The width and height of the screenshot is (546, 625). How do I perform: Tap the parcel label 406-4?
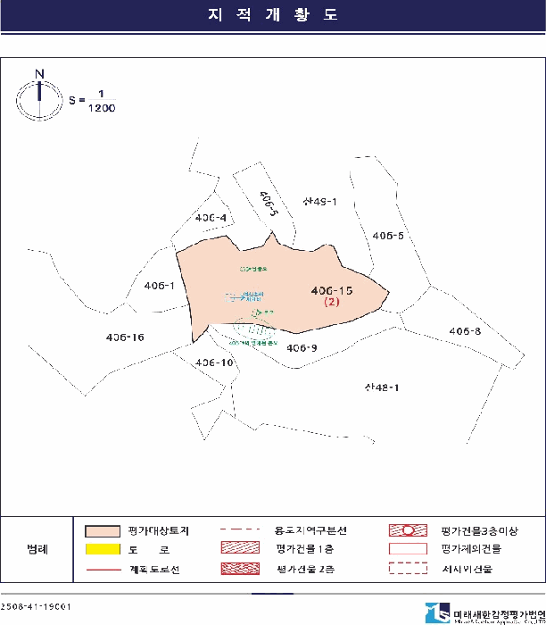[x=210, y=218]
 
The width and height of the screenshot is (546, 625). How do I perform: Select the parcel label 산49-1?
[x=319, y=202]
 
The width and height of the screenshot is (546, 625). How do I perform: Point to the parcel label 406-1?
[x=159, y=286]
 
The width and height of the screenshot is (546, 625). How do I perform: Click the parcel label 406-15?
[x=332, y=290]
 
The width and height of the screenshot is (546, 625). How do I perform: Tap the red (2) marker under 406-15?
[x=332, y=303]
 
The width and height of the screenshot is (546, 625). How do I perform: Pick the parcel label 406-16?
[x=125, y=337]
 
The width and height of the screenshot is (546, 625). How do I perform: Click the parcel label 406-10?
[x=214, y=362]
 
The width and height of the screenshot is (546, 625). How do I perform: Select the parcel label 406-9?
[x=302, y=347]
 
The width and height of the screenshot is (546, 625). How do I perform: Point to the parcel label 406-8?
[x=465, y=331]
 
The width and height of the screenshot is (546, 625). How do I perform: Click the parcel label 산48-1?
[x=381, y=387]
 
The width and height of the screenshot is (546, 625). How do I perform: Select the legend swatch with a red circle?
[x=409, y=530]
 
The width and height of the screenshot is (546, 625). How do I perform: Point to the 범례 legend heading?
[x=37, y=549]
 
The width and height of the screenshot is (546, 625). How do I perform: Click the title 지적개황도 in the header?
[x=272, y=16]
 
